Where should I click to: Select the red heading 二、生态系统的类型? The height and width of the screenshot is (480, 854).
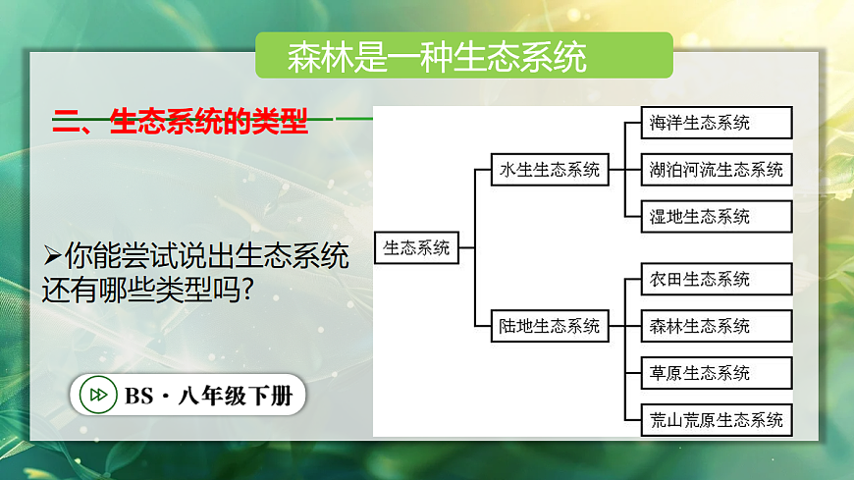click(180, 123)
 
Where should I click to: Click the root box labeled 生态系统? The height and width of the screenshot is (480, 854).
click(416, 248)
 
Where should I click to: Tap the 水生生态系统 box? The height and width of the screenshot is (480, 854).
click(549, 170)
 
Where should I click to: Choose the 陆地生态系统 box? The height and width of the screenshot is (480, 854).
click(549, 326)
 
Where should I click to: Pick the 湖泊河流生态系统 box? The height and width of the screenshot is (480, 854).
click(716, 170)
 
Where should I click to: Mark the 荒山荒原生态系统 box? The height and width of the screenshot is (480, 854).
click(716, 420)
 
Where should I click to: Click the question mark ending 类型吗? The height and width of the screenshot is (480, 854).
click(245, 291)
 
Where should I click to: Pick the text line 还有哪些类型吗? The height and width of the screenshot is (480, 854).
click(145, 291)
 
